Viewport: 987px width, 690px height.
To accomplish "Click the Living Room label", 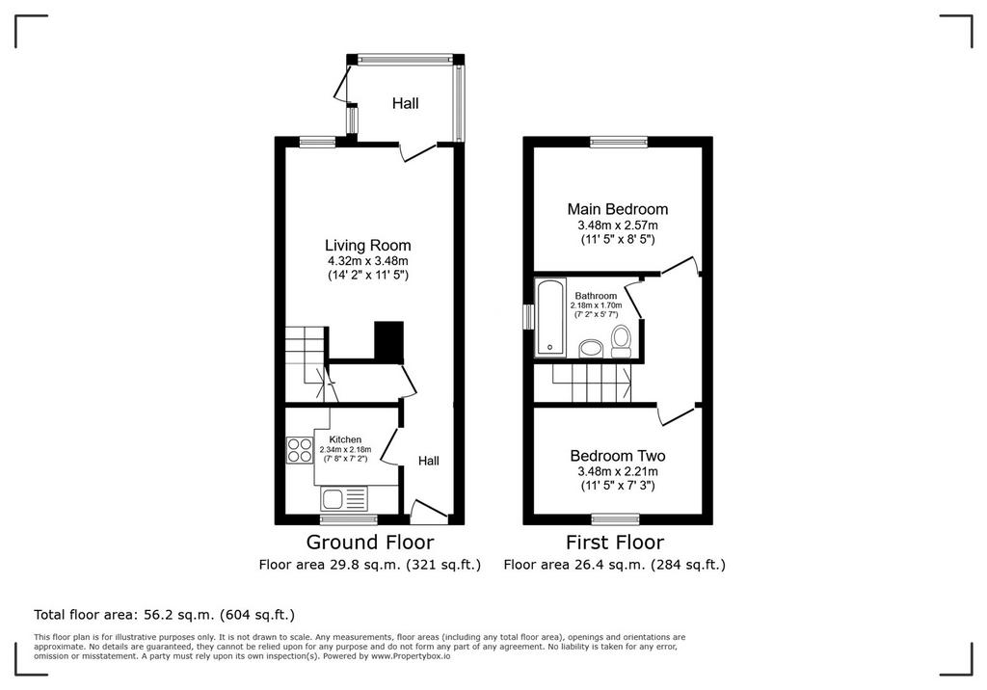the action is pyautogui.click(x=367, y=246).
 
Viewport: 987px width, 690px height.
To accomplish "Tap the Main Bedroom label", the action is pyautogui.click(x=618, y=209).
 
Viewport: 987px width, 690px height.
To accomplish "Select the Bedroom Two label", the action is pyautogui.click(x=618, y=456).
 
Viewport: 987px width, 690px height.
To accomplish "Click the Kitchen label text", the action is pyautogui.click(x=346, y=439).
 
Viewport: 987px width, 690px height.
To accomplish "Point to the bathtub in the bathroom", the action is pyautogui.click(x=550, y=317).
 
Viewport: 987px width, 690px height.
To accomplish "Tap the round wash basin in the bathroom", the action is pyautogui.click(x=591, y=348).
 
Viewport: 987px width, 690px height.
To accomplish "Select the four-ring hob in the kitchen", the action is pyautogui.click(x=300, y=450).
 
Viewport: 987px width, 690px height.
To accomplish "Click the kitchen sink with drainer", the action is pyautogui.click(x=344, y=499).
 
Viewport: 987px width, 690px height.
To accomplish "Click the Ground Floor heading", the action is pyautogui.click(x=370, y=542).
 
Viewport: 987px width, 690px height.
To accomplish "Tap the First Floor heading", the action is pyautogui.click(x=615, y=542).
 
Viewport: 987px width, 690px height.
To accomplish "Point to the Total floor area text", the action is pyautogui.click(x=164, y=615).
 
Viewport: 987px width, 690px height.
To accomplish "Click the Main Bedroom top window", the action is pyautogui.click(x=619, y=142).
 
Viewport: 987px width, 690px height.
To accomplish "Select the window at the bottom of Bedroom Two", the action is pyautogui.click(x=616, y=519).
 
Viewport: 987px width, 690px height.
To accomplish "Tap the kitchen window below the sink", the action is pyautogui.click(x=349, y=519).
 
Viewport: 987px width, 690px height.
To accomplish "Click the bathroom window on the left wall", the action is pyautogui.click(x=529, y=316).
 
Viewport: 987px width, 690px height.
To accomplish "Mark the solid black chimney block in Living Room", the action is pyautogui.click(x=389, y=342).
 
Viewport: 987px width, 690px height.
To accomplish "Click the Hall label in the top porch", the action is pyautogui.click(x=406, y=103).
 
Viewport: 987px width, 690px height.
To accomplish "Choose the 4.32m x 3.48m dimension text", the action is pyautogui.click(x=367, y=260).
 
